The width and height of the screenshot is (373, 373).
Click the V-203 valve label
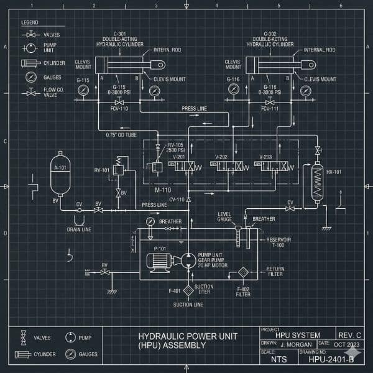pyautogui.click(x=265, y=157)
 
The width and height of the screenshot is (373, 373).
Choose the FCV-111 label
pyautogui.click(x=269, y=108)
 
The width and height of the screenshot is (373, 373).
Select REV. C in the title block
pyautogui.click(x=347, y=335)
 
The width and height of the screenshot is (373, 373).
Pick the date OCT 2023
pyautogui.click(x=347, y=344)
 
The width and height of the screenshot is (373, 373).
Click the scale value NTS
pyautogui.click(x=280, y=359)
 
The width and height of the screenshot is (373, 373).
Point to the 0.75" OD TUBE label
pyautogui.click(x=120, y=135)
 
